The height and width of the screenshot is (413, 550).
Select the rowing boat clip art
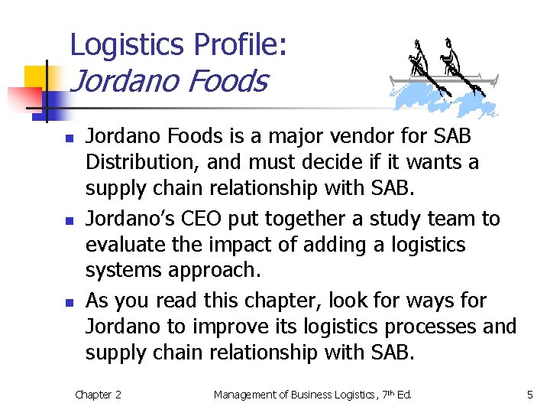[x=443, y=76]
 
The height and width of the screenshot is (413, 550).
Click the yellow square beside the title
[x=36, y=77]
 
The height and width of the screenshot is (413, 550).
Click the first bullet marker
[x=69, y=138]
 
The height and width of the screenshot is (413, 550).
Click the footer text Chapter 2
[x=98, y=395]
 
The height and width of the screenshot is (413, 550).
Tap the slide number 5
[x=529, y=395]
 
